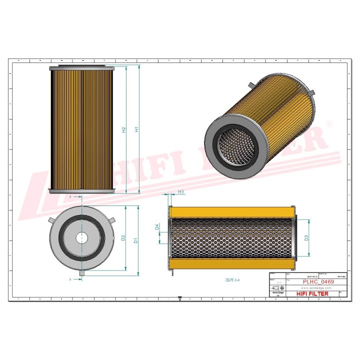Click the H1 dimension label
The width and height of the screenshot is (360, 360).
coord(137,129)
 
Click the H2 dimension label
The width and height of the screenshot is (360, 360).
coord(124,129)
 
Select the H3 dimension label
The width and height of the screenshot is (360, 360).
coord(181,192)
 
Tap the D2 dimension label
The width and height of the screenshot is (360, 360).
coord(123,238)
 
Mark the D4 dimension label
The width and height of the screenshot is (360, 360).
coord(157,227)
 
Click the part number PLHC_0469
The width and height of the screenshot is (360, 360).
coord(318,282)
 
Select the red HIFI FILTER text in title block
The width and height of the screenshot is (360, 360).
coord(312,294)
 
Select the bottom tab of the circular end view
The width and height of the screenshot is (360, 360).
coord(82,272)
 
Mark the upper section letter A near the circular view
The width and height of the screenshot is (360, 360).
coord(70,197)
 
